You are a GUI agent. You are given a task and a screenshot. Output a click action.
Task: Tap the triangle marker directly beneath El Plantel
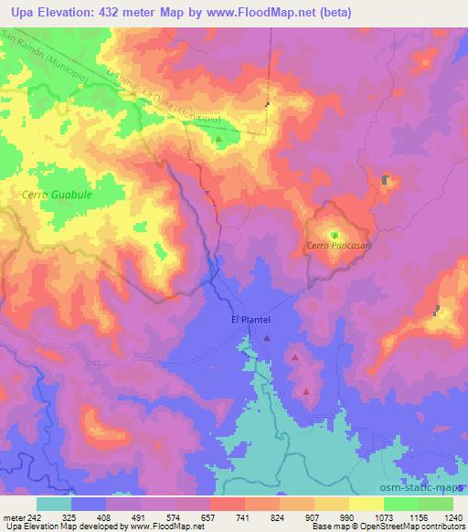(x=266, y=338)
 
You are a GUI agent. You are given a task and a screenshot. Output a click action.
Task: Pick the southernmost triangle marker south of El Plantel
(x=305, y=391)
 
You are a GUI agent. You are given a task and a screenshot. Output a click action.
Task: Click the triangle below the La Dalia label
(x=218, y=142)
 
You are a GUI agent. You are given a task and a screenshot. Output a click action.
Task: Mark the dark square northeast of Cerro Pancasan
(x=386, y=179)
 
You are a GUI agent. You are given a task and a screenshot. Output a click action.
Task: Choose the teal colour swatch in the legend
(x=54, y=504)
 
